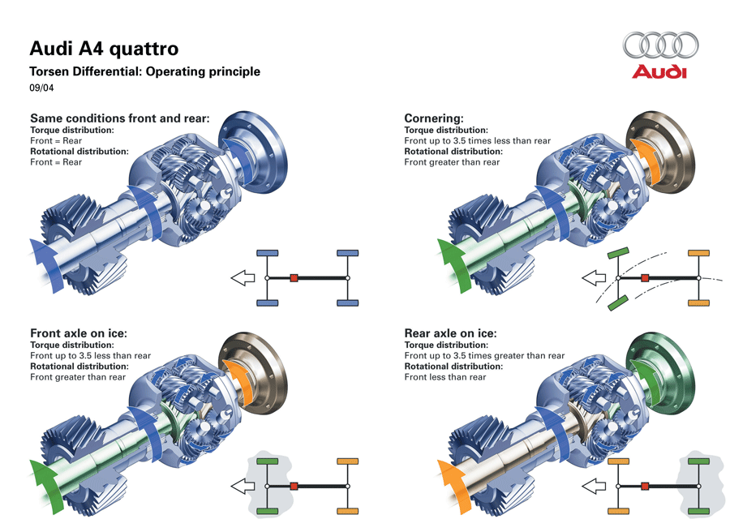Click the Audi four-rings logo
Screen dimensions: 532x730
tap(660, 46)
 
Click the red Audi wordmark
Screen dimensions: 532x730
tap(659, 72)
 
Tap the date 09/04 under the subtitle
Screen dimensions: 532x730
tap(41, 88)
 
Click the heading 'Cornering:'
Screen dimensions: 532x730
tap(434, 118)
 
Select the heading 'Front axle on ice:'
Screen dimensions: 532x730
tap(79, 333)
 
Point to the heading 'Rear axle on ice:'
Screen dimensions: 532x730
tap(450, 333)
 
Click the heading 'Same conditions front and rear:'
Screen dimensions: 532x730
tap(120, 118)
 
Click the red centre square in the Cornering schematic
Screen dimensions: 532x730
tap(645, 278)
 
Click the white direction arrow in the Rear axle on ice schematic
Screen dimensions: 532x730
tap(593, 487)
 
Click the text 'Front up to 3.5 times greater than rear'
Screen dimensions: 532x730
tap(484, 355)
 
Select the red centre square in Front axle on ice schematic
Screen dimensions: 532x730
tap(294, 487)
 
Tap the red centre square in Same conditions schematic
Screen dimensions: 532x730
tap(294, 278)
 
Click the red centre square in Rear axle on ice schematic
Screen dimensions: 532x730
tap(645, 487)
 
